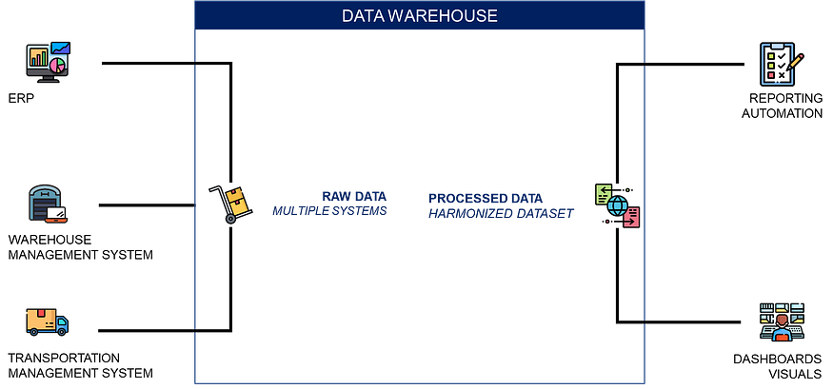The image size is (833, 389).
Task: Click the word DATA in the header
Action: click(x=362, y=16)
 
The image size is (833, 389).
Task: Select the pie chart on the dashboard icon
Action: click(x=58, y=65)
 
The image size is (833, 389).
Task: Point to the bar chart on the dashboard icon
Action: click(x=39, y=58)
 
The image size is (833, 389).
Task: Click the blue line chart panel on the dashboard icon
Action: click(x=61, y=48)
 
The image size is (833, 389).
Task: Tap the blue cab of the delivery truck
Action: click(x=62, y=325)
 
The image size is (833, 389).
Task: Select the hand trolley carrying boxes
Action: click(x=233, y=202)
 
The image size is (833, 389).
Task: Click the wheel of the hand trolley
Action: click(x=230, y=219)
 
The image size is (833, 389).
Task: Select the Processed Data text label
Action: click(x=500, y=206)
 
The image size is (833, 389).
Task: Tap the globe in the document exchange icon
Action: click(x=617, y=205)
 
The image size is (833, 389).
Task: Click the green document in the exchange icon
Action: click(x=603, y=194)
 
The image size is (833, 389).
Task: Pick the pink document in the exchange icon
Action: click(x=632, y=218)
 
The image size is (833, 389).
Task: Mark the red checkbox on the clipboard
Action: click(x=772, y=75)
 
